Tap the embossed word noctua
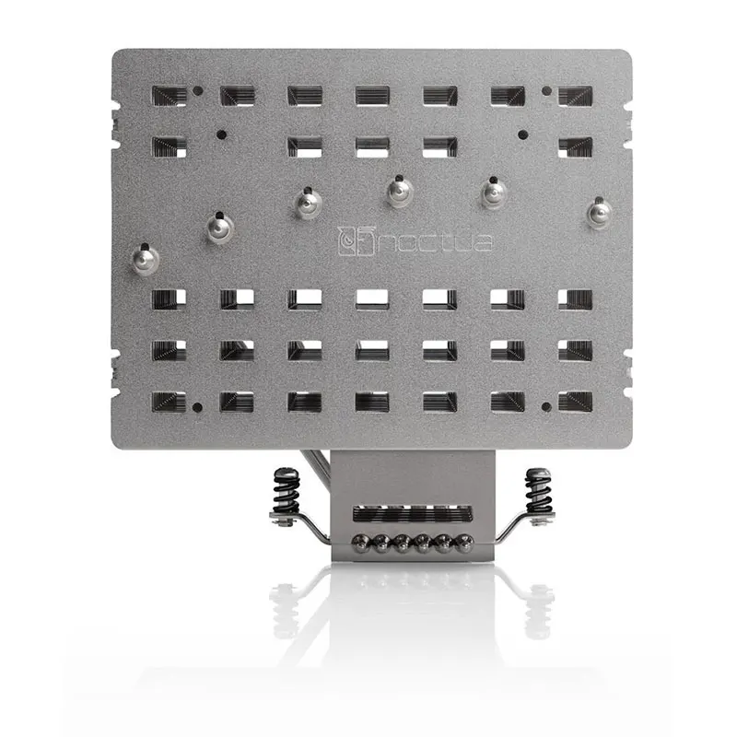tap(427, 242)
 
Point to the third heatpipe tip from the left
tap(309, 202)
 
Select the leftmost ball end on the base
tap(355, 543)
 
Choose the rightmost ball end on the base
tap(466, 543)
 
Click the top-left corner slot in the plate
tap(170, 95)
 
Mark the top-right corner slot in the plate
tap(575, 95)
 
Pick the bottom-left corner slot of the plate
tap(170, 401)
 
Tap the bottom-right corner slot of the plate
tap(575, 401)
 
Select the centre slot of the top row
tap(372, 95)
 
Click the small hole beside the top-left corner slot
tap(198, 92)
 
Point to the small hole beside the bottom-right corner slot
tap(546, 406)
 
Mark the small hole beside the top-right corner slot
tap(546, 92)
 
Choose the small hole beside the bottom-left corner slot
tap(198, 406)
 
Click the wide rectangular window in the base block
tap(409, 514)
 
